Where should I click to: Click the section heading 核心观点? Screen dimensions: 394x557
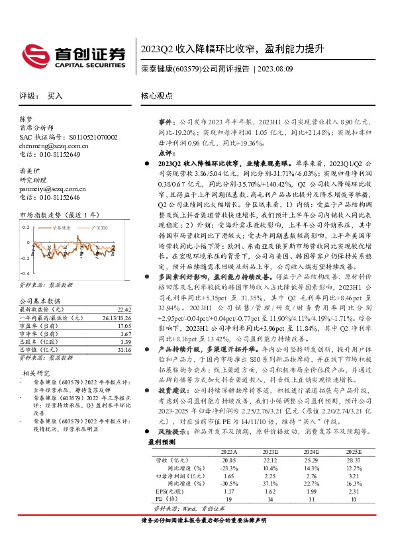click(157, 96)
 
